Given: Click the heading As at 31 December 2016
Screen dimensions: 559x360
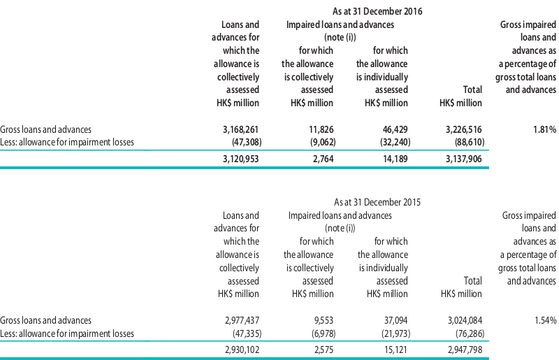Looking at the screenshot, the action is click(x=377, y=11).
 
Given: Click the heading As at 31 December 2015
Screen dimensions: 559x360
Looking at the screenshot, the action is click(x=377, y=202).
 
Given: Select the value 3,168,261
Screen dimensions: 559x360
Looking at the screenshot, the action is click(x=240, y=129).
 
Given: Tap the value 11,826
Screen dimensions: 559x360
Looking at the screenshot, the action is click(x=321, y=129).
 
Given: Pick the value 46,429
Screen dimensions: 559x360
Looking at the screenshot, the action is click(x=395, y=129).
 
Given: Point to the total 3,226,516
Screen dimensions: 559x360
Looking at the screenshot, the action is click(x=464, y=129).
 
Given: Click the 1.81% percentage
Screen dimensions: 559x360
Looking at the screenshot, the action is click(x=545, y=129).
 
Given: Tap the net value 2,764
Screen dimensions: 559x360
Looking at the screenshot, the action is click(x=324, y=159).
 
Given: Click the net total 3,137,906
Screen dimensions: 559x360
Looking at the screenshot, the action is click(x=464, y=159).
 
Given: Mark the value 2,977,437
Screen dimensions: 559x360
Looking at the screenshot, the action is click(x=242, y=320).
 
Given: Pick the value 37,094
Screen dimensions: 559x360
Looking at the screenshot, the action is click(x=395, y=320).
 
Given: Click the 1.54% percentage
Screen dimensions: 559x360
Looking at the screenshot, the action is click(x=546, y=320).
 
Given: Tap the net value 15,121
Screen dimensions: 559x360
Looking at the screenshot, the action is click(x=395, y=350).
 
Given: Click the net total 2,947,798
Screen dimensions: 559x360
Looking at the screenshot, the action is click(x=465, y=350).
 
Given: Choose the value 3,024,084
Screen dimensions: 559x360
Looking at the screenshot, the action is click(x=465, y=320).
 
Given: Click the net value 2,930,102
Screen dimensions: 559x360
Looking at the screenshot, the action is click(x=242, y=350).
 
